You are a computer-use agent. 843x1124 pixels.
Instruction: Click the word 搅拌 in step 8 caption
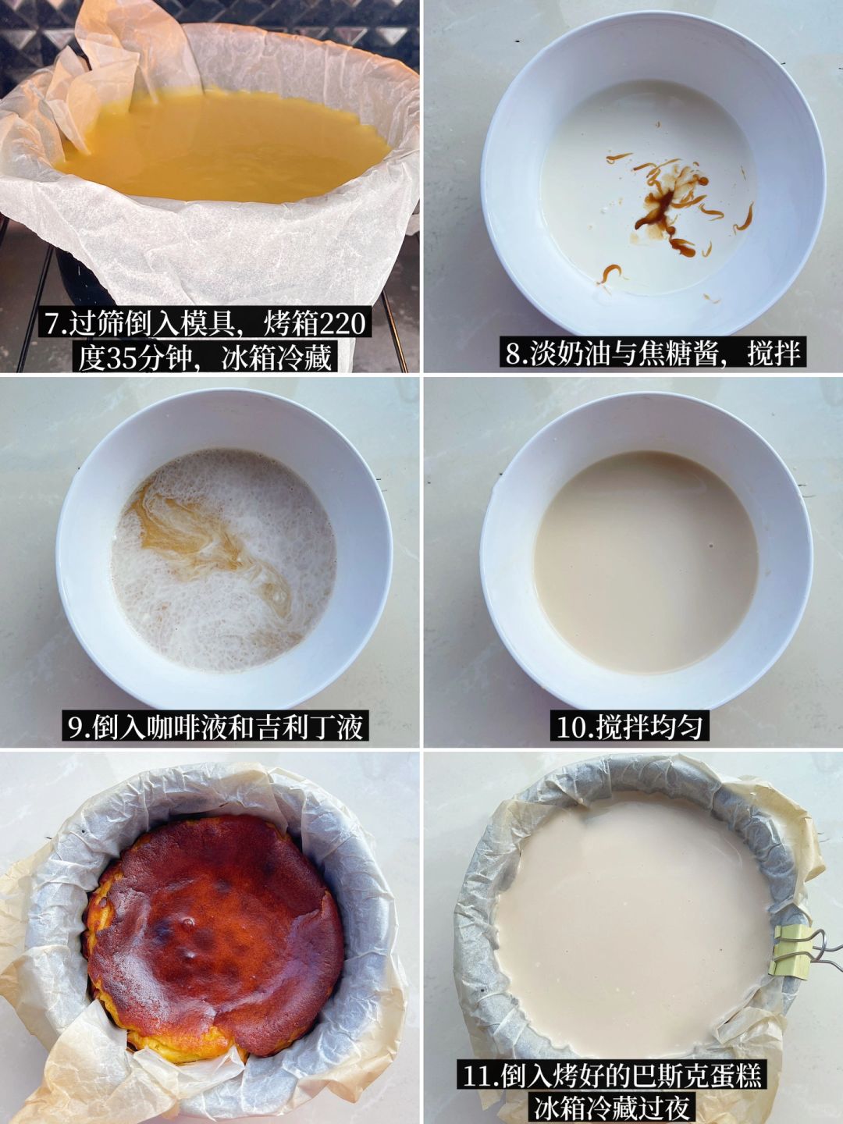pyautogui.click(x=774, y=354)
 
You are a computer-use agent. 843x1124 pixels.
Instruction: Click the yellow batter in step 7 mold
pyautogui.click(x=226, y=144)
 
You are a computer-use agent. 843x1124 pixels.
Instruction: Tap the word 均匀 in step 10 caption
pyautogui.click(x=676, y=727)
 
